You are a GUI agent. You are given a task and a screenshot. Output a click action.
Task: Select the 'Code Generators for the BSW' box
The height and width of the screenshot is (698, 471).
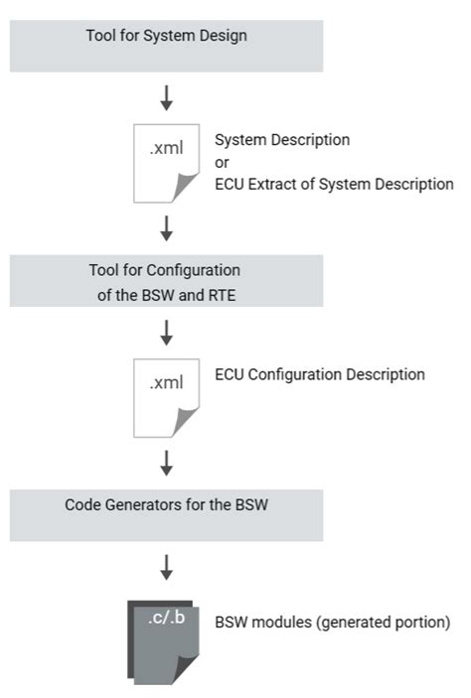[x=166, y=514]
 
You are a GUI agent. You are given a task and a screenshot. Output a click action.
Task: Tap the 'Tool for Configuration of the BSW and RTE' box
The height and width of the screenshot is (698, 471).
[x=166, y=280]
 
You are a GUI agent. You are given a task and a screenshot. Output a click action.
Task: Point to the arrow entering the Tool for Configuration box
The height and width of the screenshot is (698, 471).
[x=167, y=228]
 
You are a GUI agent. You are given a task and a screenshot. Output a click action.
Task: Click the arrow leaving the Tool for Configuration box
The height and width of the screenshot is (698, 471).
[x=167, y=332]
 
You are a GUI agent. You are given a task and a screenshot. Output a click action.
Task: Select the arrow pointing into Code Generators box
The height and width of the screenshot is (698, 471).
[x=167, y=463]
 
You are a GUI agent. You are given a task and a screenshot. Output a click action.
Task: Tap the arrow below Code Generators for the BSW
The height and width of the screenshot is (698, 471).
[x=167, y=567]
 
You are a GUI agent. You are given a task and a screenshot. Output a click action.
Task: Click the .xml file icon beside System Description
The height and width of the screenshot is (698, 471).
[x=166, y=162]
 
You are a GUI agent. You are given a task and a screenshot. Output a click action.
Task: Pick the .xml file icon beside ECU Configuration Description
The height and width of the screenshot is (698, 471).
[x=166, y=396]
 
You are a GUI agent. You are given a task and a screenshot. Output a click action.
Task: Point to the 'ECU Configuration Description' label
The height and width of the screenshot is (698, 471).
[x=319, y=375]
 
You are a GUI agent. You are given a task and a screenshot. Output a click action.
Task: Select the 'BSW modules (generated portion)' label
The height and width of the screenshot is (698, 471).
[x=332, y=623]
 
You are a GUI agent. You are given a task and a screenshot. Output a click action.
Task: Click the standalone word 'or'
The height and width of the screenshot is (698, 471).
[x=222, y=162]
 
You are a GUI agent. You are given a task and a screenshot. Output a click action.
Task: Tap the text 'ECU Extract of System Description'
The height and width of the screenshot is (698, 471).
[x=333, y=184]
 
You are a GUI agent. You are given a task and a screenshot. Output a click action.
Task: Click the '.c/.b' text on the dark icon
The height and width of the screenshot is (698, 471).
[x=165, y=620]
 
